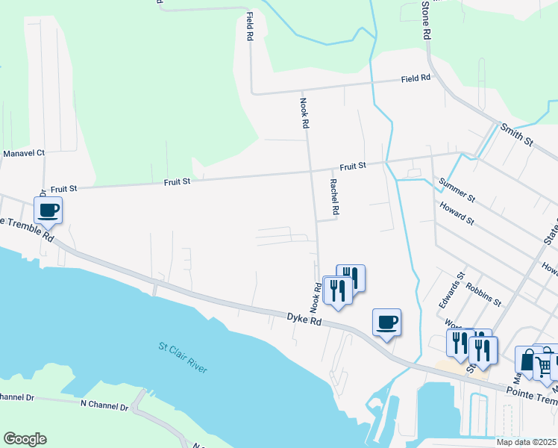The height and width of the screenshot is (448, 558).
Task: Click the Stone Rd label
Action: click(426, 20)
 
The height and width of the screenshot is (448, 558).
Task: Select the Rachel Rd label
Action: click(334, 197)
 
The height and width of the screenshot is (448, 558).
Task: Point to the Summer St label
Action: click(457, 190)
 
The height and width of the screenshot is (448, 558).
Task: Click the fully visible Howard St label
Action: click(457, 213)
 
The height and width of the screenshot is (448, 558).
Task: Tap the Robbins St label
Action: click(483, 294)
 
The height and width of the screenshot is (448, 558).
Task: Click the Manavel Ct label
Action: click(24, 153)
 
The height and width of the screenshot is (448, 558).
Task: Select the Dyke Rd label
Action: click(304, 318)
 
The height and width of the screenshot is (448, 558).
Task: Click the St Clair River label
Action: click(183, 358)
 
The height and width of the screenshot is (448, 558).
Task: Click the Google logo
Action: click(24, 439)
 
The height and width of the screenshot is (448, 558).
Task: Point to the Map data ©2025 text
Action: click(526, 442)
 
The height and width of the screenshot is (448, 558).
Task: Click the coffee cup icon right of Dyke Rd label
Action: click(386, 323)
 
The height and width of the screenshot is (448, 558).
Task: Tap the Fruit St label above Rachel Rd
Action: click(353, 166)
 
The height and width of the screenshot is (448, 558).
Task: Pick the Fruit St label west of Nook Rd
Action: click(177, 181)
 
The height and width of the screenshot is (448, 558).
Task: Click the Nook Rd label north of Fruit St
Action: click(304, 114)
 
